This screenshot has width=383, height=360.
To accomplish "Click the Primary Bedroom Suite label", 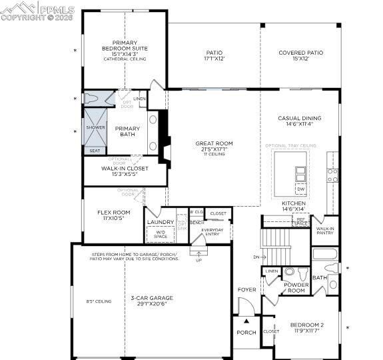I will (x=125, y=48).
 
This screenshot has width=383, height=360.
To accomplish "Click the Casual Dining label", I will (x=299, y=121).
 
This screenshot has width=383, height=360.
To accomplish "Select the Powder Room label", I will (x=296, y=287).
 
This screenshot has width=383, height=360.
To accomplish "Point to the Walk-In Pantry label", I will (x=325, y=231).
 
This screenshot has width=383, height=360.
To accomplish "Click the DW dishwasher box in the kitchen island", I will (x=300, y=189).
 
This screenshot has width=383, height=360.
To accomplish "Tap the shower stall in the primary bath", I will (x=95, y=132).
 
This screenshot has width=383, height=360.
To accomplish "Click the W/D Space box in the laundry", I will (x=161, y=234).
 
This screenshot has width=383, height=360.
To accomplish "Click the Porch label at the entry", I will (x=246, y=333).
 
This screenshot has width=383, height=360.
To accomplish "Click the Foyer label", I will (x=246, y=289).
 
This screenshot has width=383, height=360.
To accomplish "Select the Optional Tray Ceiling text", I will (x=290, y=145).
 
